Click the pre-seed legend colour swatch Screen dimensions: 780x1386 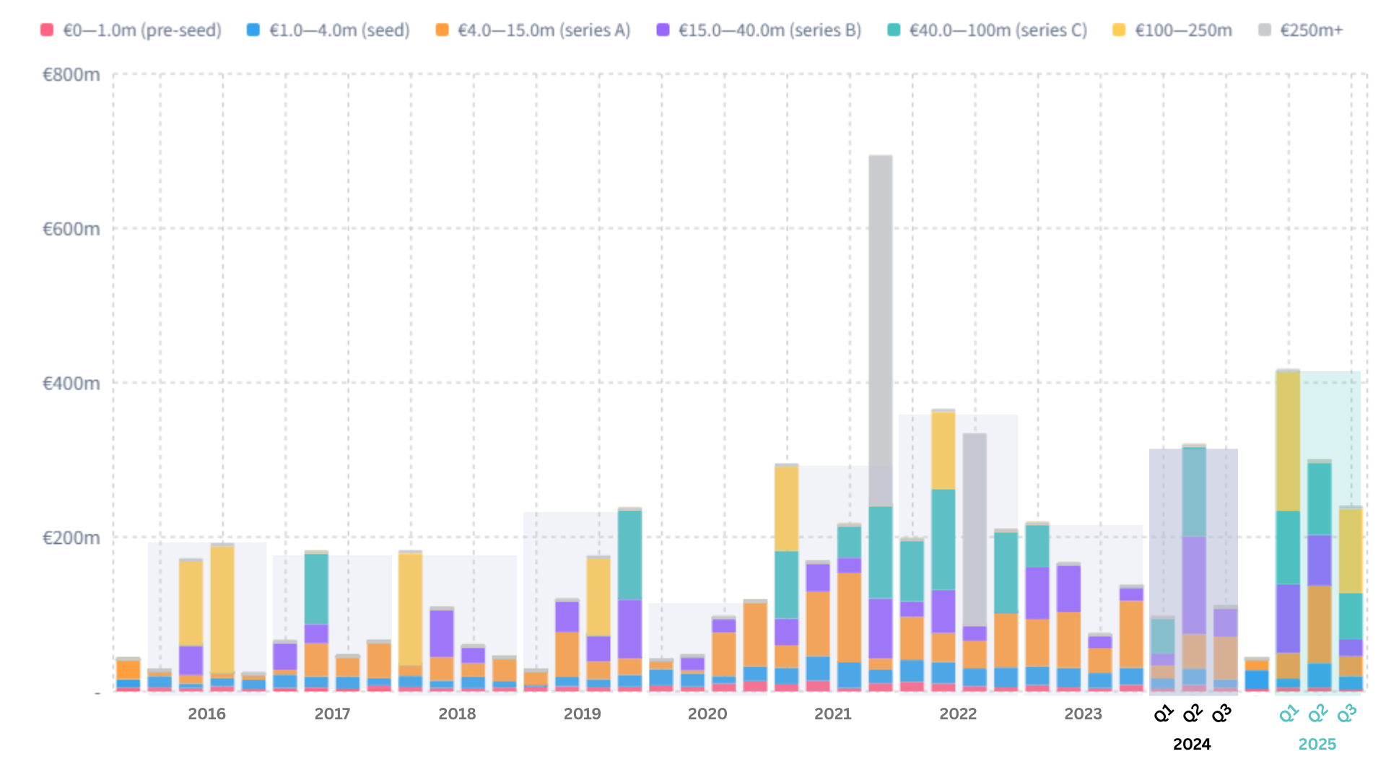[x=47, y=30]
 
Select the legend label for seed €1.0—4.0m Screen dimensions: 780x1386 [x=339, y=30]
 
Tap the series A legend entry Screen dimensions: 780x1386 [x=543, y=30]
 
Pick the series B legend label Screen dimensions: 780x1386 [x=770, y=30]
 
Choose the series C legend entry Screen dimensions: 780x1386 [x=998, y=30]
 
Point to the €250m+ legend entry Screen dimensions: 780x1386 [x=1311, y=30]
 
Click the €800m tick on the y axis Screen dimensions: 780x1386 [x=71, y=74]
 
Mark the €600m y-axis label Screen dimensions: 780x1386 [x=71, y=229]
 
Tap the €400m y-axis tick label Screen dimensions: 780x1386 [x=71, y=383]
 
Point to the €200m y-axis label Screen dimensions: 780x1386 [x=71, y=537]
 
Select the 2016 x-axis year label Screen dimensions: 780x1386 [x=206, y=714]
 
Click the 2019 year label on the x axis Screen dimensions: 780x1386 [x=582, y=714]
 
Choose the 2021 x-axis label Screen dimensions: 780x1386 [x=832, y=714]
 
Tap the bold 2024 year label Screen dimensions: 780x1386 [x=1191, y=744]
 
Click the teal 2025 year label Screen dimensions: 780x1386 [x=1317, y=744]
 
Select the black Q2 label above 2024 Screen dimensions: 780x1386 [x=1193, y=714]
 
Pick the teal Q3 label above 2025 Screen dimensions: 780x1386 [x=1346, y=714]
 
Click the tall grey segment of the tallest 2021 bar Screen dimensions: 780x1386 [x=880, y=325]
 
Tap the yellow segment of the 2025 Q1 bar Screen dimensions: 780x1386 [x=1288, y=441]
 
